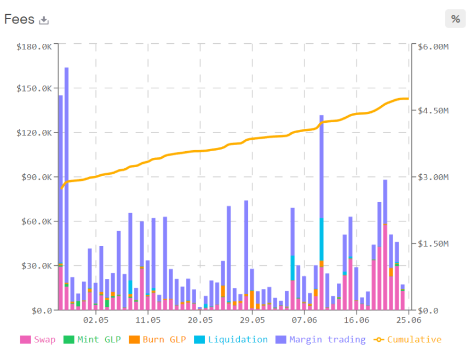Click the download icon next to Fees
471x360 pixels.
pyautogui.click(x=44, y=20)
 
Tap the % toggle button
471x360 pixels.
pyautogui.click(x=455, y=19)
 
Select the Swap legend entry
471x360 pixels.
pyautogui.click(x=38, y=340)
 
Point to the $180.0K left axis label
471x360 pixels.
pyautogui.click(x=34, y=47)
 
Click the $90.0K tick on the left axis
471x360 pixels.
pyautogui.click(x=36, y=178)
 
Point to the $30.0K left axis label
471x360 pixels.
pyautogui.click(x=36, y=266)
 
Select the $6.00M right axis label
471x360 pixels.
pyautogui.click(x=433, y=47)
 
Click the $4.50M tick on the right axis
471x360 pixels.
pyautogui.click(x=433, y=111)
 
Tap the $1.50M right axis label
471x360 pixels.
pyautogui.click(x=433, y=243)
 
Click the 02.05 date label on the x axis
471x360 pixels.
pyautogui.click(x=95, y=319)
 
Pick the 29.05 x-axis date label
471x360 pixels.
pyautogui.click(x=252, y=319)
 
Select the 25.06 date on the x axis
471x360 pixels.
pyautogui.click(x=409, y=319)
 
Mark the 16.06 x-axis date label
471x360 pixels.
pyautogui.click(x=357, y=319)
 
